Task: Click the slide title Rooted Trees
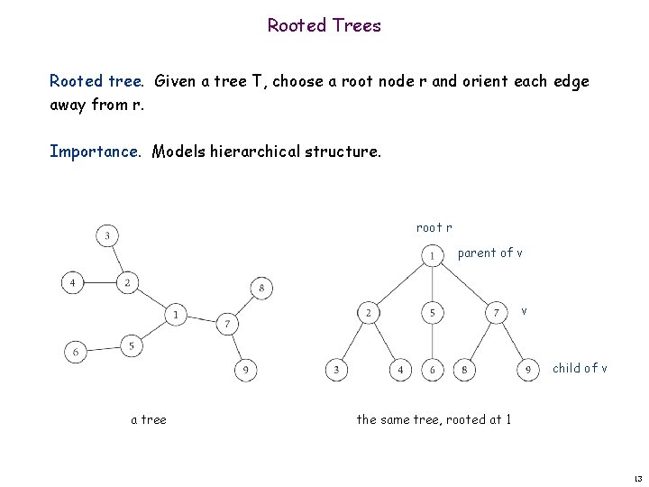(324, 25)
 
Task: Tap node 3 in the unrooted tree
(107, 236)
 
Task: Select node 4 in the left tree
(73, 282)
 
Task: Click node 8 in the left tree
(261, 289)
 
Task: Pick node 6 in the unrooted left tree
(75, 352)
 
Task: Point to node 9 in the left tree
(245, 369)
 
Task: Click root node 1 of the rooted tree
(433, 257)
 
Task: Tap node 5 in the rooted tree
(433, 313)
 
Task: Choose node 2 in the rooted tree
(368, 313)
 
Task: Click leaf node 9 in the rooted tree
(528, 370)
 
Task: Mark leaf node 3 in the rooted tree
(336, 370)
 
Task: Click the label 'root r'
(434, 228)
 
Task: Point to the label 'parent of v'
(489, 253)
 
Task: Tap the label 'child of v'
(580, 368)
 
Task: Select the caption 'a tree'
(149, 418)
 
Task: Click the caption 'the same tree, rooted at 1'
(434, 418)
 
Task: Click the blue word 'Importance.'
(95, 152)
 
